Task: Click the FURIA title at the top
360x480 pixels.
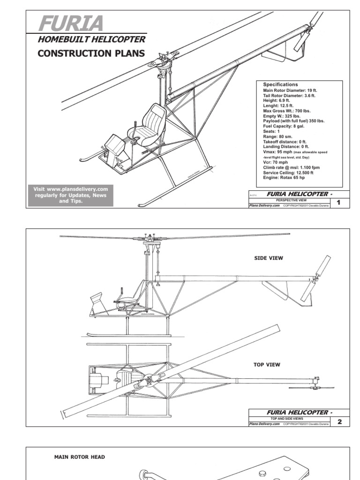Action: pos(70,23)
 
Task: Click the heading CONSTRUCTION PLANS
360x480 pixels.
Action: pos(91,53)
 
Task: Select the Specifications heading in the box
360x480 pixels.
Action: pos(280,85)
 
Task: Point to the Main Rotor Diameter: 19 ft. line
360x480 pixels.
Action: pos(289,90)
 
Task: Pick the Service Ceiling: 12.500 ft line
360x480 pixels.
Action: pos(288,173)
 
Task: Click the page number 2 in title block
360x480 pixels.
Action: pos(339,421)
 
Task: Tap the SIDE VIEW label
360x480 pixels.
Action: pos(269,258)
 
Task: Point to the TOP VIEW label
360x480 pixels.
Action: pos(267,364)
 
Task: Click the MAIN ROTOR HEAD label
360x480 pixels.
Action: pos(80,457)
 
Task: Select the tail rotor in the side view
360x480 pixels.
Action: pos(315,278)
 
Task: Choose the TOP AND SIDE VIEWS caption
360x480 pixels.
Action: pos(287,418)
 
